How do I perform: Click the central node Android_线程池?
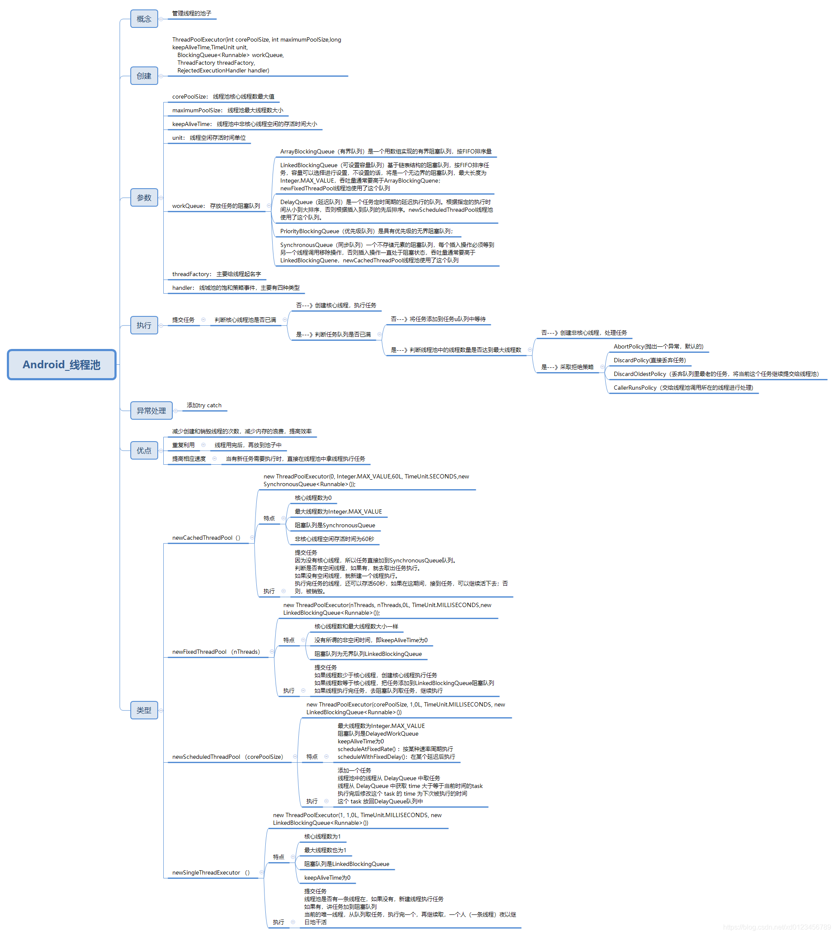(x=61, y=365)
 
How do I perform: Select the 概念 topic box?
(x=144, y=19)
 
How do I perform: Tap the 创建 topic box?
(x=144, y=76)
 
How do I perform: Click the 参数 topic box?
(x=144, y=198)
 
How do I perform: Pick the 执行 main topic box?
(x=144, y=325)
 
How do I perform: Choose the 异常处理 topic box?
(x=151, y=411)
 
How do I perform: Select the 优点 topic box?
(x=144, y=451)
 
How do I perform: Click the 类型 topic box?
(x=144, y=710)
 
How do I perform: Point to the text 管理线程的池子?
(x=192, y=13)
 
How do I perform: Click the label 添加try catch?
(x=204, y=405)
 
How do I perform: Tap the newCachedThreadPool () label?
(x=206, y=538)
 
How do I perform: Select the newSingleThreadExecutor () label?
(x=210, y=872)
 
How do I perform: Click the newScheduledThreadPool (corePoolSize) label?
(x=228, y=757)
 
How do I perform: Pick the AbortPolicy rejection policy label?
(x=658, y=346)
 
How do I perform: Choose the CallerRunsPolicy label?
(x=683, y=388)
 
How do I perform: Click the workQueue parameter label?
(x=216, y=206)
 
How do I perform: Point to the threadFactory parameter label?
(x=216, y=274)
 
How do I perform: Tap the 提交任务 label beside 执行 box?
(x=183, y=320)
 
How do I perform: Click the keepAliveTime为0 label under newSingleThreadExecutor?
(x=327, y=878)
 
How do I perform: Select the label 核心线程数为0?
(x=313, y=498)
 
